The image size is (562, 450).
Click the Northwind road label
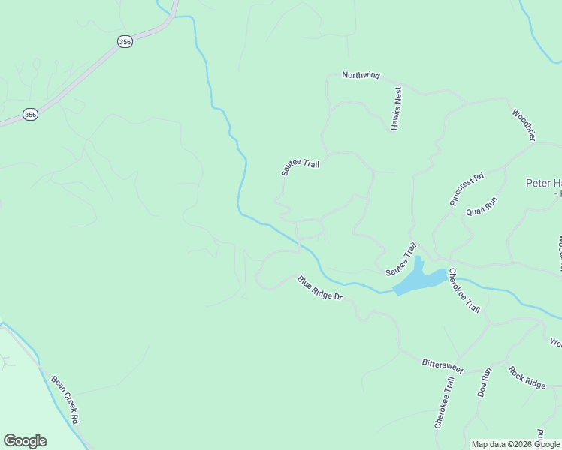click(x=361, y=75)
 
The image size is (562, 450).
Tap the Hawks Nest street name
click(x=397, y=108)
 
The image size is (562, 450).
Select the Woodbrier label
click(x=524, y=125)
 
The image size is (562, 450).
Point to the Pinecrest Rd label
click(x=467, y=189)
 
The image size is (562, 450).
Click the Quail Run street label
click(x=482, y=206)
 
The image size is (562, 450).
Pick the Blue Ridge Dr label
click(x=319, y=289)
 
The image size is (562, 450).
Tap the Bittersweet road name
click(x=443, y=364)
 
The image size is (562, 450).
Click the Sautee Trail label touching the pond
click(x=400, y=259)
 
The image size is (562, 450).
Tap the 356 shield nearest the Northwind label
click(x=125, y=42)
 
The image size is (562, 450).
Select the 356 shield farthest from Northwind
click(x=29, y=114)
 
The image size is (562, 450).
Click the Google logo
click(x=25, y=441)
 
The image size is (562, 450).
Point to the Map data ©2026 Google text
click(x=515, y=444)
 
